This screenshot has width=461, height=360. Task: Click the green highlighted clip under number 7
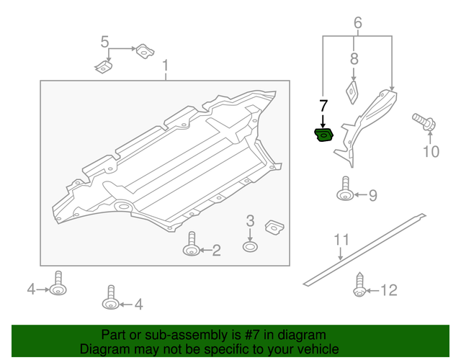point(323,135)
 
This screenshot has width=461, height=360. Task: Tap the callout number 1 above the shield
point(165,68)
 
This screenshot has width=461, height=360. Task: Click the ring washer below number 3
point(249,247)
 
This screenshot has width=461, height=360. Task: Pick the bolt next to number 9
point(345,189)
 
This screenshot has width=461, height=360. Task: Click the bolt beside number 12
point(358,286)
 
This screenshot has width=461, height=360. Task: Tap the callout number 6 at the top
point(357,23)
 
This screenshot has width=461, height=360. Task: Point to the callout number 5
point(104,42)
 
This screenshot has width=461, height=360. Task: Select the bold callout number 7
point(323,107)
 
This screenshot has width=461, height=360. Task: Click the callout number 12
point(388,290)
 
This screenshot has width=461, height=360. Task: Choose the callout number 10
point(430,151)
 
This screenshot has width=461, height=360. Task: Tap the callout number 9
point(372,194)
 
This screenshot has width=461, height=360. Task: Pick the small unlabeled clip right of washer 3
point(274,227)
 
